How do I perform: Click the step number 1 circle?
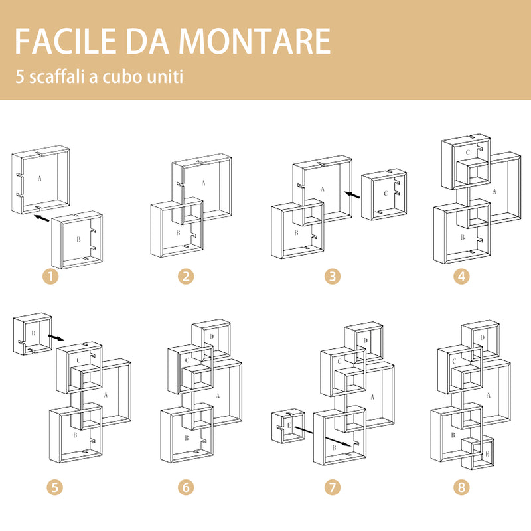coord(52,276)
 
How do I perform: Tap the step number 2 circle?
coord(185,276)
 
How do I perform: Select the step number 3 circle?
coord(332,276)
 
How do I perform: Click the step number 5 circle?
coord(55,487)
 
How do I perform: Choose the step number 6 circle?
coord(185,487)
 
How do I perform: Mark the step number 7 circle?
coord(332,487)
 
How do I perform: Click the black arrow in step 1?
coord(41,218)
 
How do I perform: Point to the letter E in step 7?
coord(288,424)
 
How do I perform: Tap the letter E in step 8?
coord(487,454)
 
